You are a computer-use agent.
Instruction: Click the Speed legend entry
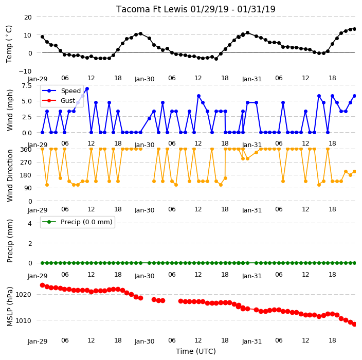[61, 91]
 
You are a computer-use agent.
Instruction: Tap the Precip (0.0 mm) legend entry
[77, 222]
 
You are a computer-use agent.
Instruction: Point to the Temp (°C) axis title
[9, 44]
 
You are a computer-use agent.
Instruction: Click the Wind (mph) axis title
[9, 110]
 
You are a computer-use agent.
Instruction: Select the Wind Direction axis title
[9, 175]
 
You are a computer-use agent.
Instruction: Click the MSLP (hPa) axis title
[9, 307]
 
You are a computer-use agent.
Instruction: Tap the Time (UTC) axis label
[196, 351]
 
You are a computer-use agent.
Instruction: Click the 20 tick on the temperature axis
[28, 17]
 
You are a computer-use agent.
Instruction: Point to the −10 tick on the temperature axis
[25, 71]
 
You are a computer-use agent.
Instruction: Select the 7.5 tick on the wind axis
[27, 86]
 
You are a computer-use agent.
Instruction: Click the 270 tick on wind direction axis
[26, 163]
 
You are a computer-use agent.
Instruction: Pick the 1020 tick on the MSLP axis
[23, 295]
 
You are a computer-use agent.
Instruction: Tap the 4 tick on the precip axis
[30, 223]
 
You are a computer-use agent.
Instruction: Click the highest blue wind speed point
[87, 88]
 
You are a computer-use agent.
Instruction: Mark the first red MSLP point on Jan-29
[42, 285]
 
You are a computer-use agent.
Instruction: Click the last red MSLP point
[355, 324]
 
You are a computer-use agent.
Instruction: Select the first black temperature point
[42, 37]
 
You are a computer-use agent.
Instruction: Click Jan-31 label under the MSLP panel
[251, 341]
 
